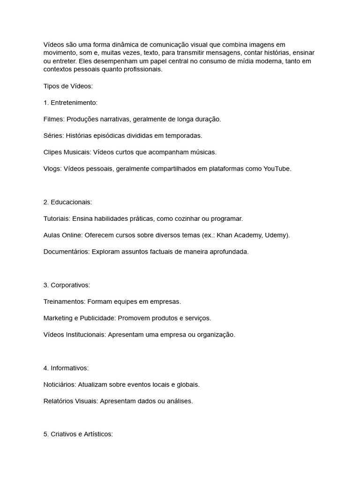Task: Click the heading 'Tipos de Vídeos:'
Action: pos(68,86)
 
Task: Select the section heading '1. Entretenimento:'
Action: pos(70,103)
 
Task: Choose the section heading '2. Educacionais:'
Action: pos(67,202)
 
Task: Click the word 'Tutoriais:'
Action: pos(57,218)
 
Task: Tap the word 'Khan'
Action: pos(225,235)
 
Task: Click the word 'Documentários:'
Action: pos(67,252)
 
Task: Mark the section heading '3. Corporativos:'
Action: pos(67,285)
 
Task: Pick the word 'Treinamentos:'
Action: pos(65,301)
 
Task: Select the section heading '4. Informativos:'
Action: pos(66,368)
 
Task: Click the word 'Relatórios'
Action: pos(59,401)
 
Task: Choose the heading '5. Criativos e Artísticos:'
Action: pos(78,434)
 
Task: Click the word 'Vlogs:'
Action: pos(52,169)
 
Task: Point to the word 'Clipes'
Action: pos(53,152)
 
